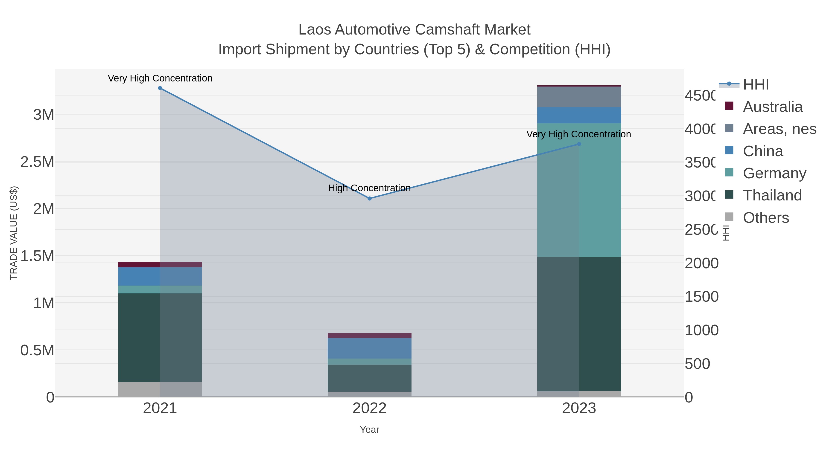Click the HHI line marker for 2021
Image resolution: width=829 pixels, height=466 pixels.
pyautogui.click(x=160, y=88)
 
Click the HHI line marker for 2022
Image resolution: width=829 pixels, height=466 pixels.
pyautogui.click(x=369, y=198)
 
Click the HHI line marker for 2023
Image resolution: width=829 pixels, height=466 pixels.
pyautogui.click(x=579, y=144)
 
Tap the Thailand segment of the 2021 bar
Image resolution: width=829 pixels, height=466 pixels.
pyautogui.click(x=160, y=338)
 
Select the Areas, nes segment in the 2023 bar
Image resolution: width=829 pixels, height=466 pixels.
pyautogui.click(x=579, y=97)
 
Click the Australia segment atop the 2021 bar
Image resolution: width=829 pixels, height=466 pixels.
pyautogui.click(x=160, y=264)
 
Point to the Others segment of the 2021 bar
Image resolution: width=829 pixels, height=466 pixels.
pyautogui.click(x=160, y=389)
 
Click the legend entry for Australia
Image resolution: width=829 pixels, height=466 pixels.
pyautogui.click(x=772, y=107)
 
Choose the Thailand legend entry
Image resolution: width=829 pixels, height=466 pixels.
pyautogui.click(x=772, y=195)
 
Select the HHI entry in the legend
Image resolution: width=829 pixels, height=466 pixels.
pyautogui.click(x=756, y=85)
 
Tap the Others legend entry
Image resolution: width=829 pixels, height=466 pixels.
pyautogui.click(x=766, y=218)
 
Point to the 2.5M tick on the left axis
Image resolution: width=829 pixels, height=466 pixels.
pyautogui.click(x=37, y=162)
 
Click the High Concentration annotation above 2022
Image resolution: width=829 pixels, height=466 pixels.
pyautogui.click(x=369, y=188)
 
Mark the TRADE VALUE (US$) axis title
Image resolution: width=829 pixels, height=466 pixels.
pyautogui.click(x=14, y=233)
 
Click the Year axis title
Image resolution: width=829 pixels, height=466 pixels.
pyautogui.click(x=369, y=430)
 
